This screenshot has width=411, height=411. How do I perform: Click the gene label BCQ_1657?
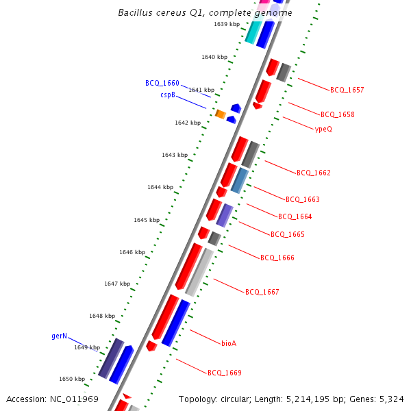point(347,90)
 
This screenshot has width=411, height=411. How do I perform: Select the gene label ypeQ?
point(323,129)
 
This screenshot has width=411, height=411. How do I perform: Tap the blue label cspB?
point(168,95)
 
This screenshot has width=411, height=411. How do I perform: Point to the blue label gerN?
point(60,336)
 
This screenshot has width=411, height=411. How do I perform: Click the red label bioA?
point(229,343)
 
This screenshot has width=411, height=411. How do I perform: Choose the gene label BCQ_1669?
point(224,373)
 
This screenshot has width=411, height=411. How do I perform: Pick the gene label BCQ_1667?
point(262,292)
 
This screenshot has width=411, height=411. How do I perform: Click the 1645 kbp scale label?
point(147,220)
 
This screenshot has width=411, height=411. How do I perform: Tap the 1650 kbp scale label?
point(72,379)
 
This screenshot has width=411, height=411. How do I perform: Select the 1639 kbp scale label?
point(227,24)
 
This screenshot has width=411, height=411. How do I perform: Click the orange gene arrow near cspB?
point(221,114)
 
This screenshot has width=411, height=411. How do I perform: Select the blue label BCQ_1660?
point(162,83)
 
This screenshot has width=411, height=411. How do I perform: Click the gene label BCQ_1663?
point(303,199)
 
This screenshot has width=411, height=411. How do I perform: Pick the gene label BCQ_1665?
point(288,234)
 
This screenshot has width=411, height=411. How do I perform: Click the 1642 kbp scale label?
point(188,123)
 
